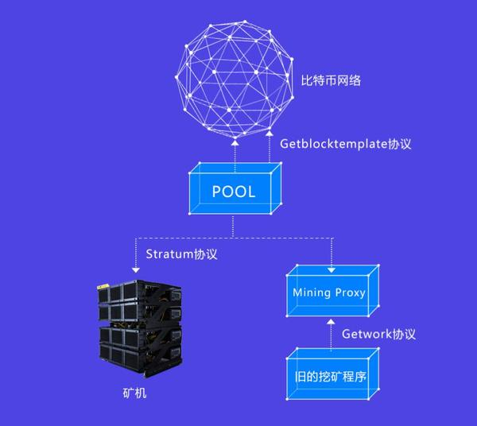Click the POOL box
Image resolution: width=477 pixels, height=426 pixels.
(x=234, y=192)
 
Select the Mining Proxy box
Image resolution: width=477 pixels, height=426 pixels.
(x=329, y=292)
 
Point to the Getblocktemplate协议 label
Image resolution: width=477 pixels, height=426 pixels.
(x=344, y=144)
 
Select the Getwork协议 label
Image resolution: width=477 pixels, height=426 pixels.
(x=378, y=335)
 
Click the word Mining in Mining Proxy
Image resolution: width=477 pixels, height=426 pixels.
(x=312, y=292)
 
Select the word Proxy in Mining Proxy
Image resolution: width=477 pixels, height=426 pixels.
(x=350, y=292)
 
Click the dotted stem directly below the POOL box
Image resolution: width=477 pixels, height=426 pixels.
(x=233, y=226)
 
